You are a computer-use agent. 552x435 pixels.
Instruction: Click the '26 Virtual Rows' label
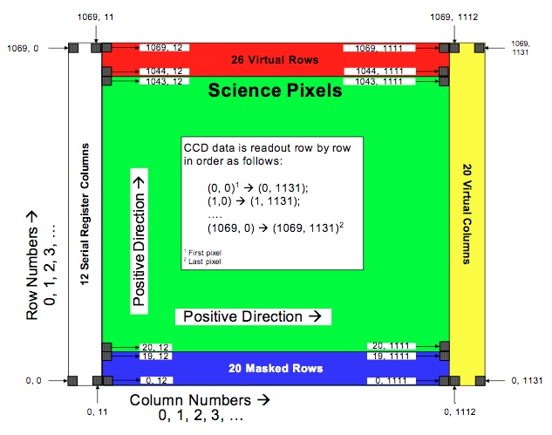pos(276,60)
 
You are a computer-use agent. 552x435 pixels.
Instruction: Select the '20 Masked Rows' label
pos(276,368)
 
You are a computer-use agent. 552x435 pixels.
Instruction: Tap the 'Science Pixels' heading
pos(275,90)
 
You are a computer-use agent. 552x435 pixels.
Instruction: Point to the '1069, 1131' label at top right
pos(520,48)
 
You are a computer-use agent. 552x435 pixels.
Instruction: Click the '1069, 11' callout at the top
pos(96,15)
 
